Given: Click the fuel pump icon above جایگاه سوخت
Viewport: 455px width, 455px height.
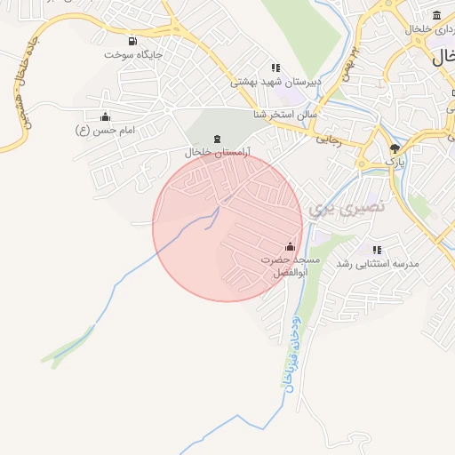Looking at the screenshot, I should (133, 41).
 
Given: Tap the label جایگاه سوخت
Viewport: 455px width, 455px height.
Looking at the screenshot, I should (133, 54).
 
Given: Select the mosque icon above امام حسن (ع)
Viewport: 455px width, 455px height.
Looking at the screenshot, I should (106, 116).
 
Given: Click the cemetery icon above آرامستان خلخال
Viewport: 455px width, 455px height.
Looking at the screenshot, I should (219, 139).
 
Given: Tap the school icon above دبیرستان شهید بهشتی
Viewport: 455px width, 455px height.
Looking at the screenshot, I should (275, 68).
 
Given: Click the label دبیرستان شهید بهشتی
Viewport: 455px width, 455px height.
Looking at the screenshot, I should (275, 82).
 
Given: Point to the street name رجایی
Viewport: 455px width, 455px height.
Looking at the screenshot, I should (330, 140).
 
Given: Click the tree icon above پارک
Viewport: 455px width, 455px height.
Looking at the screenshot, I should (395, 148).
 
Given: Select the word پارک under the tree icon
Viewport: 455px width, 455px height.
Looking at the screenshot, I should (395, 162).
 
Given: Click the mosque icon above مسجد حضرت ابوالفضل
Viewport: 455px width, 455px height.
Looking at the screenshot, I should (290, 246).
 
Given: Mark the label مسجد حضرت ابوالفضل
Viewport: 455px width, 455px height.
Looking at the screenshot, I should (291, 266).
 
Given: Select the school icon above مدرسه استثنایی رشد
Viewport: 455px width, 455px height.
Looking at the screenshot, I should (377, 251).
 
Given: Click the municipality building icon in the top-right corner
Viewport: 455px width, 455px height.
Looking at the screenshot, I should (436, 15).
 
